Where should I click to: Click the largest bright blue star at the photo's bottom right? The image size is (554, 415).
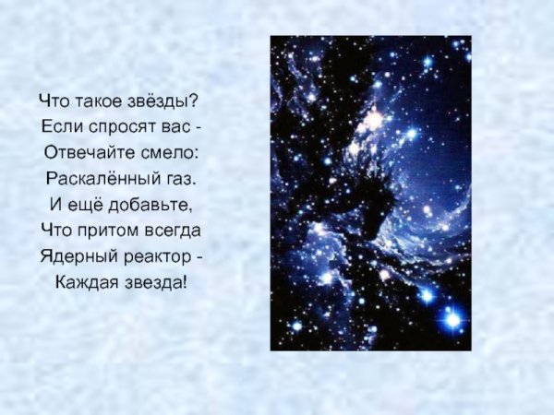click(452, 319)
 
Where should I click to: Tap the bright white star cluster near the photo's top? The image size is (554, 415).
click(374, 119)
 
